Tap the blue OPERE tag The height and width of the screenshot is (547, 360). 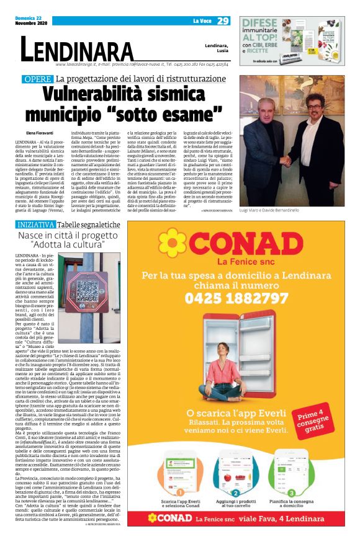coord(37,79)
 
